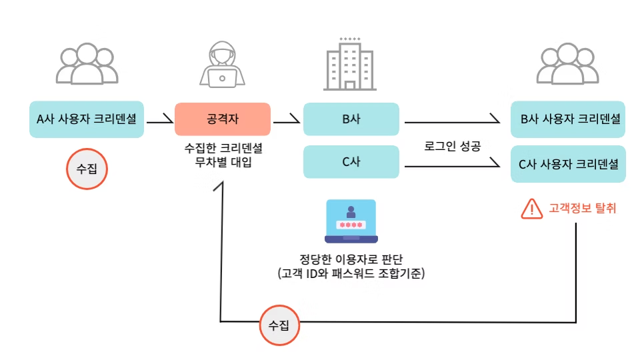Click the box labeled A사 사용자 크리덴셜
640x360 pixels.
(87, 119)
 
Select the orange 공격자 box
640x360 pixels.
(222, 119)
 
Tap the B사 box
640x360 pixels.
(351, 119)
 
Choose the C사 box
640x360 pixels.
(351, 162)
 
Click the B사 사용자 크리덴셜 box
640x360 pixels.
(568, 119)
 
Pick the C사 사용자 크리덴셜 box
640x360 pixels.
(568, 162)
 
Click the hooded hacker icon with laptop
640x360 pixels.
(222, 65)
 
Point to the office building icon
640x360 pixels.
(349, 64)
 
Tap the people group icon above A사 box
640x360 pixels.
(87, 65)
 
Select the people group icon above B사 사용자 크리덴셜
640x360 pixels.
(568, 65)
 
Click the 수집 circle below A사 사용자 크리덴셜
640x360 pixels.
(87, 168)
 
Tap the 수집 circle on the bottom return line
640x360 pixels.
(279, 325)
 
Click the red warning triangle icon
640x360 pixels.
(532, 209)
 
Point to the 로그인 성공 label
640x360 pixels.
(452, 145)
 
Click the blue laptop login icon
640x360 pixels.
(351, 221)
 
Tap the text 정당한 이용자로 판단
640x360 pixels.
(351, 259)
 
